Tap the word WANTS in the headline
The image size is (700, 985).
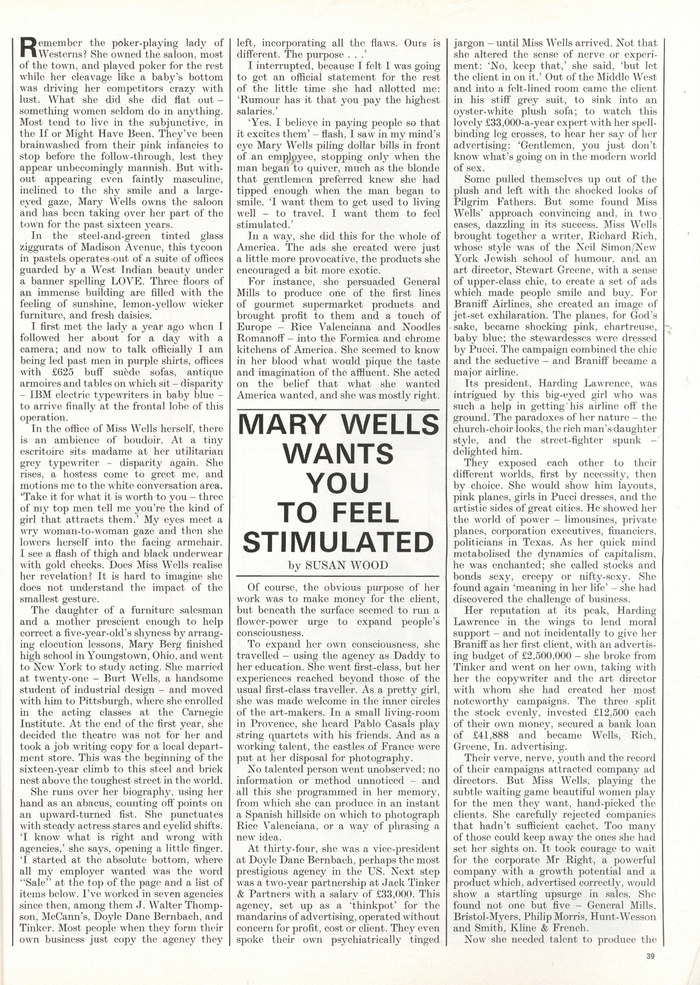tap(338, 454)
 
